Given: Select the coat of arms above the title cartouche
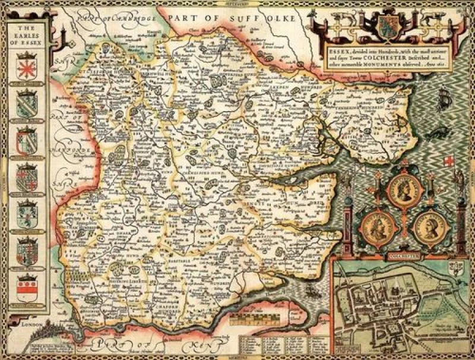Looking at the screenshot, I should pyautogui.click(x=388, y=24).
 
